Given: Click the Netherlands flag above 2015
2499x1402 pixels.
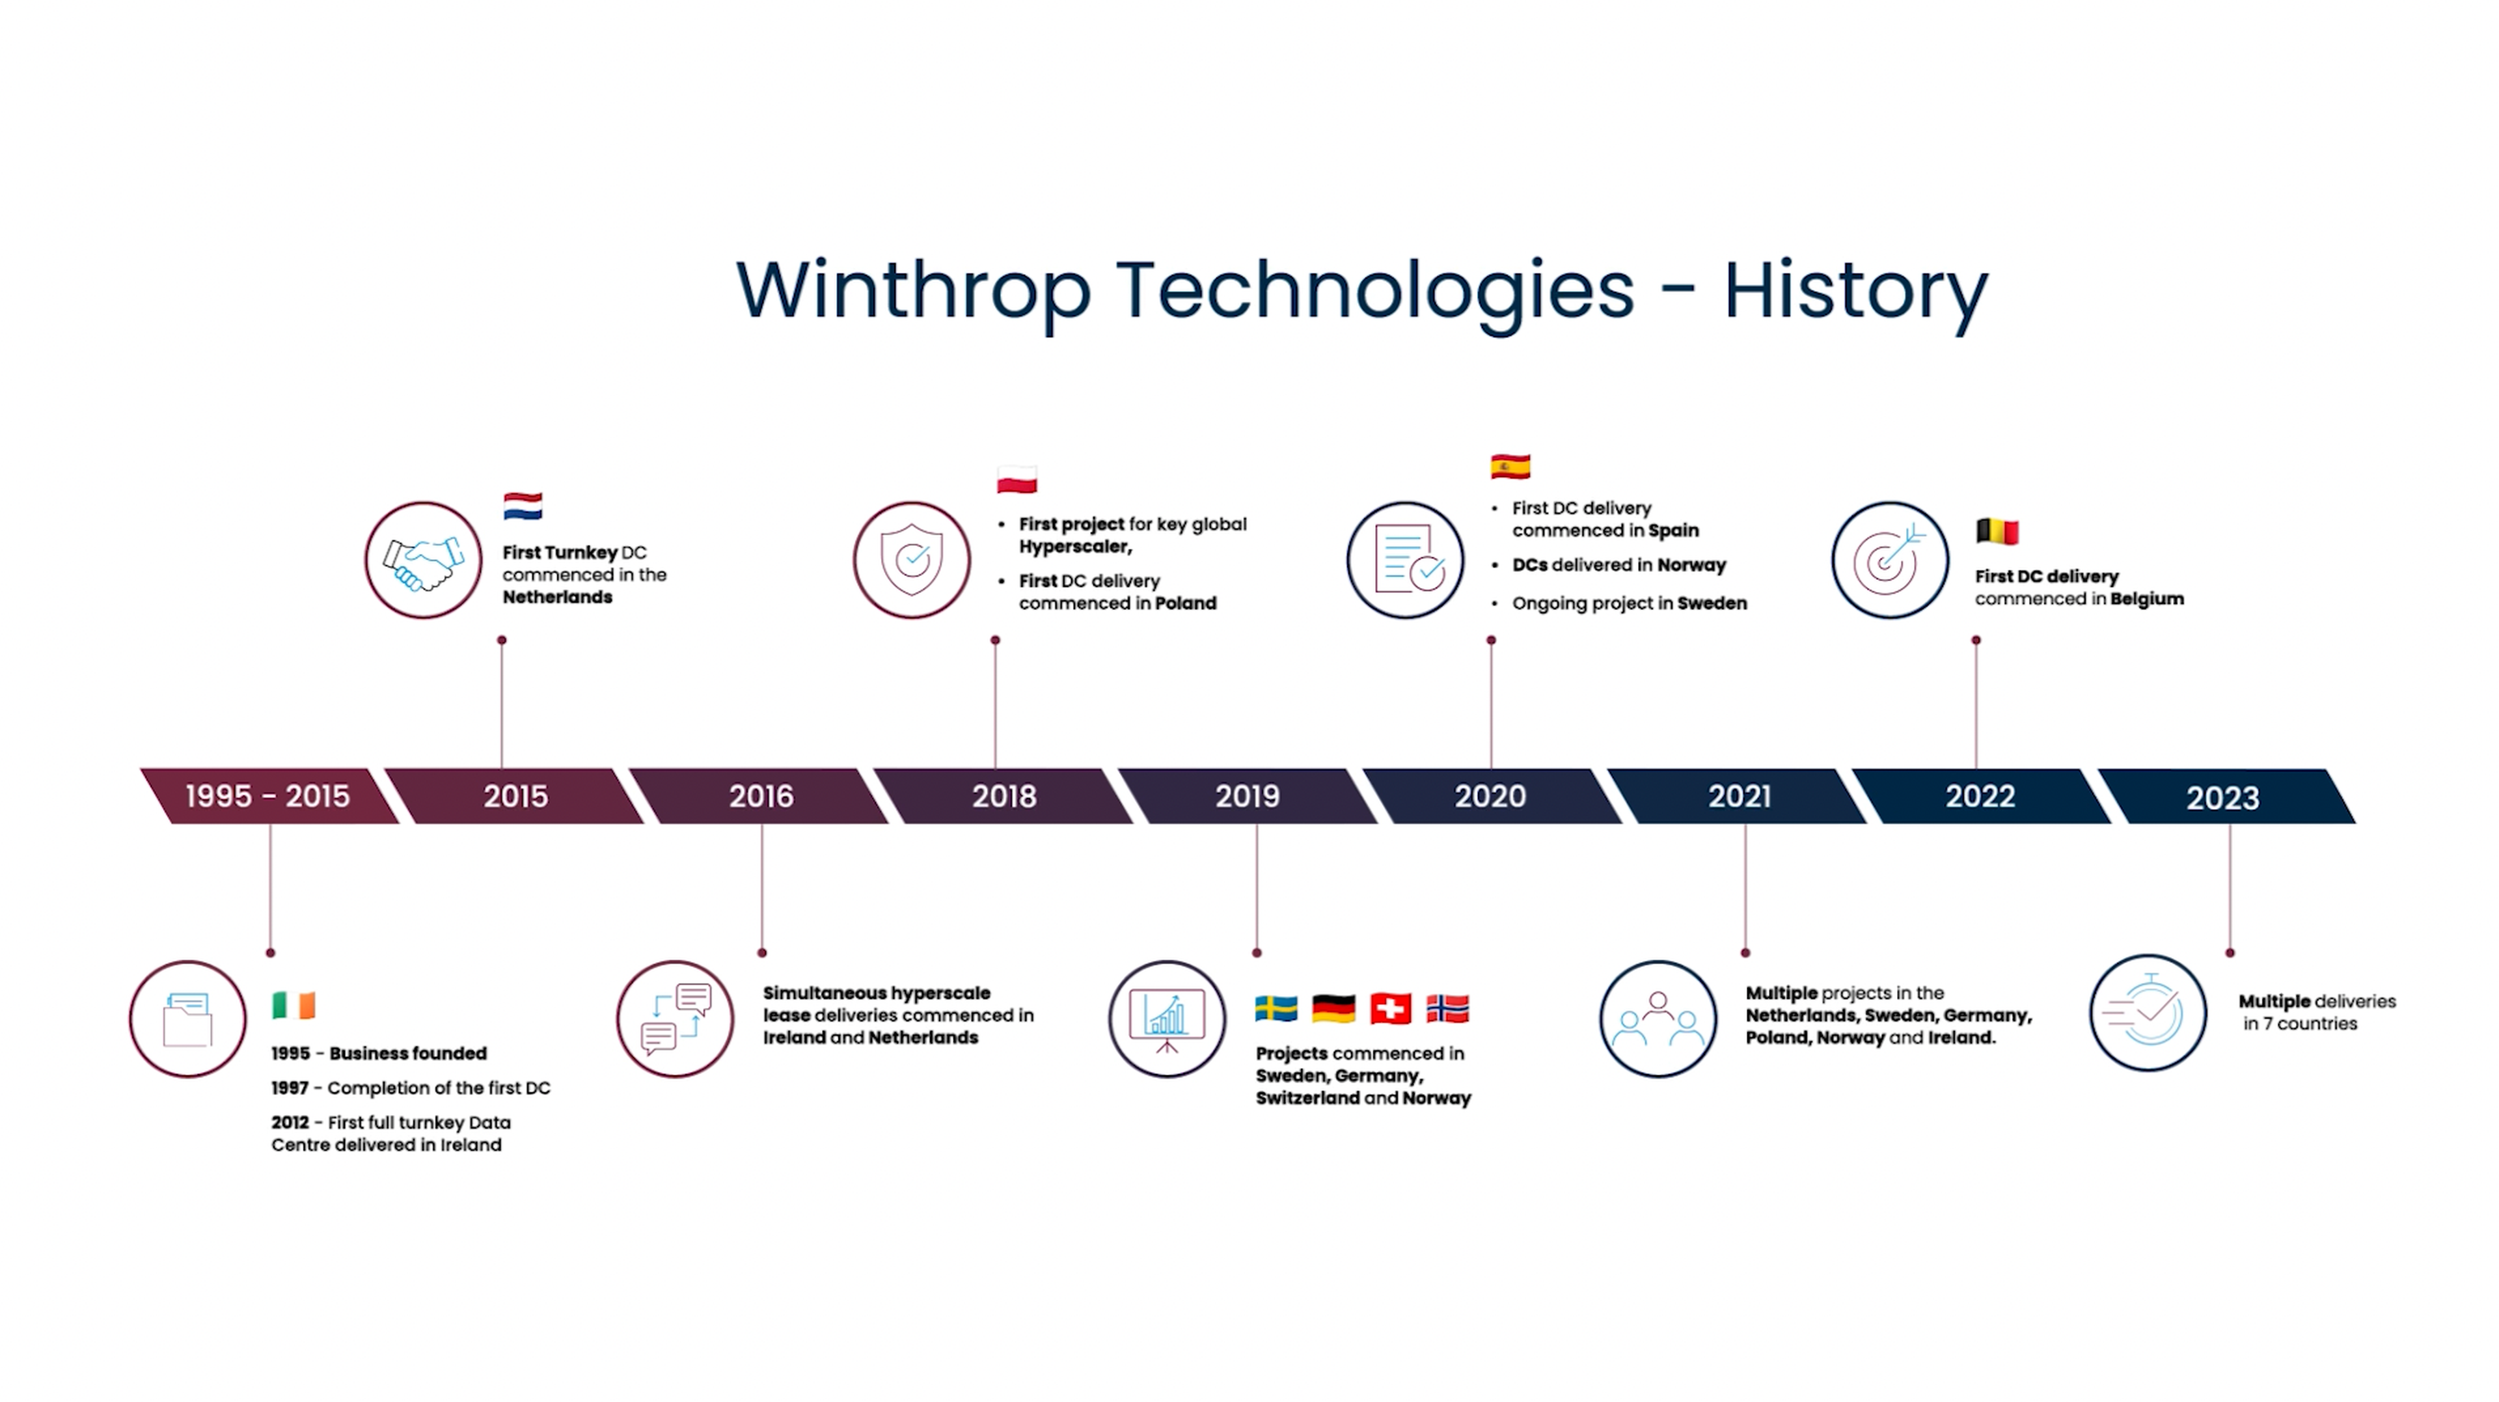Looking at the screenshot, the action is tap(523, 506).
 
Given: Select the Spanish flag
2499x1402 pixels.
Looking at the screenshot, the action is tap(1510, 467).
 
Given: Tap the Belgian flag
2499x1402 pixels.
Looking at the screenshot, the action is tap(1997, 532).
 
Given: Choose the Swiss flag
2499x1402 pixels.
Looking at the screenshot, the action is tap(1390, 1009).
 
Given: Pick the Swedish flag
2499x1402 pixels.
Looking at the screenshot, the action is tap(1276, 1009).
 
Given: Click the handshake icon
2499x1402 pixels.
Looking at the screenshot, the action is tap(423, 561).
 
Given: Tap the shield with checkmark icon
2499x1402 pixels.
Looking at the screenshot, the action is tap(912, 561).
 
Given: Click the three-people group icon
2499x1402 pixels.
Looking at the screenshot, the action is tap(1658, 1019).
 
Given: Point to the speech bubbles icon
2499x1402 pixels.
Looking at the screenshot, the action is tap(676, 1019).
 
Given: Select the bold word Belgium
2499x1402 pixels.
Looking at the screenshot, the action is tap(2147, 599).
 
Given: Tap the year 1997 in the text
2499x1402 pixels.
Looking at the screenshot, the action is tap(289, 1088).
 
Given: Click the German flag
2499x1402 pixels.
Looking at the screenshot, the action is tap(1333, 1009).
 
